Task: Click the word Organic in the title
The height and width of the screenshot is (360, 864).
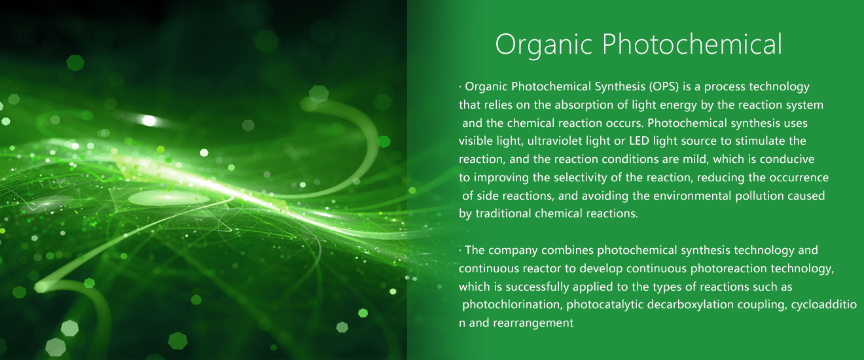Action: point(543,45)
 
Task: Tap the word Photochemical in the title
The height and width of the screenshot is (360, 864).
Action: point(693,44)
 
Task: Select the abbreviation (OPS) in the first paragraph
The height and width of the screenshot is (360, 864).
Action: point(664,87)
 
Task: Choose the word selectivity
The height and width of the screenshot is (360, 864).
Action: point(581,178)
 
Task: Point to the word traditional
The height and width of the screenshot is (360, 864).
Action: point(503,214)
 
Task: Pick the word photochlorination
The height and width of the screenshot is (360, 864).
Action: point(513,305)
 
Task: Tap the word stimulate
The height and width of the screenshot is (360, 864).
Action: point(760,141)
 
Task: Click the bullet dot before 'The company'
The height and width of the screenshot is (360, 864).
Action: point(460,251)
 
